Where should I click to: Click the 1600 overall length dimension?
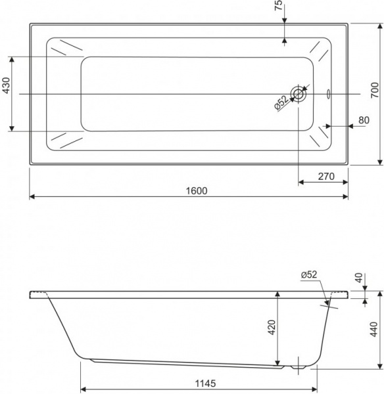pyautogui.click(x=197, y=190)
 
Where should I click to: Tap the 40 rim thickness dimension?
pyautogui.click(x=358, y=278)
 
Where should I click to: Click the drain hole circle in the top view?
pyautogui.click(x=299, y=94)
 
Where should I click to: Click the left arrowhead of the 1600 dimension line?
pyautogui.click(x=32, y=196)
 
